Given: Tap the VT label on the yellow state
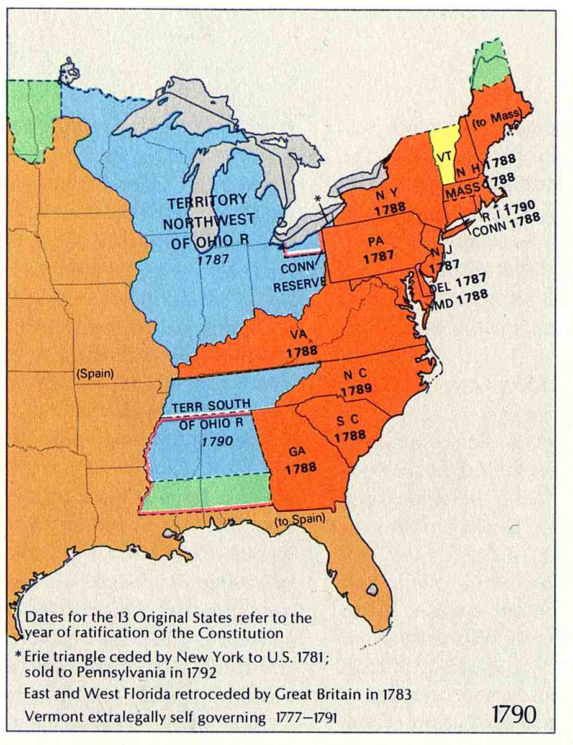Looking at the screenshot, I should (x=444, y=157).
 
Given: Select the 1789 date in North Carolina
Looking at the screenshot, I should (x=356, y=389).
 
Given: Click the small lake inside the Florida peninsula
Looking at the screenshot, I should (x=372, y=588).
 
